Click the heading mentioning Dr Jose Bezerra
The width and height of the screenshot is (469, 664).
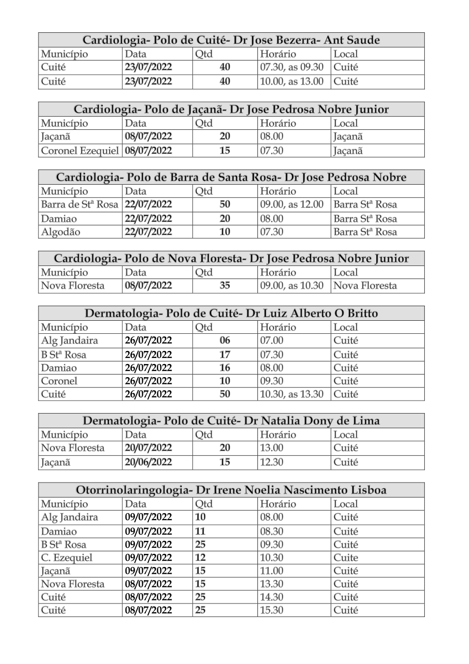click(x=231, y=40)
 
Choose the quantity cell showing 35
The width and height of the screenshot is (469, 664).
click(x=225, y=286)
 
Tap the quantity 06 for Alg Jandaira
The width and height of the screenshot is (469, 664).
click(x=225, y=341)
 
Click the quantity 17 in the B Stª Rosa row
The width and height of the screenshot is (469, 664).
click(x=225, y=355)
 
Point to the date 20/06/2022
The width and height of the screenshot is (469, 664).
click(x=148, y=462)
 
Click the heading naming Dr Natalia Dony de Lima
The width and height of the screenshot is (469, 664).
click(x=231, y=420)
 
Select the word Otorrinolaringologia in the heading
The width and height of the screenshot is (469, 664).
click(x=132, y=490)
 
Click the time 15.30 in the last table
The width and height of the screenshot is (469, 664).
click(x=271, y=610)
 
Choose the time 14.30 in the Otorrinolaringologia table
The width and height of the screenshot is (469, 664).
click(x=271, y=597)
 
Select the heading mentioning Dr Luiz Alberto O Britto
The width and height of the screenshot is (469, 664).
click(x=231, y=313)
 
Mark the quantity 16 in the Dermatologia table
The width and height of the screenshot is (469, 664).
click(x=225, y=368)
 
